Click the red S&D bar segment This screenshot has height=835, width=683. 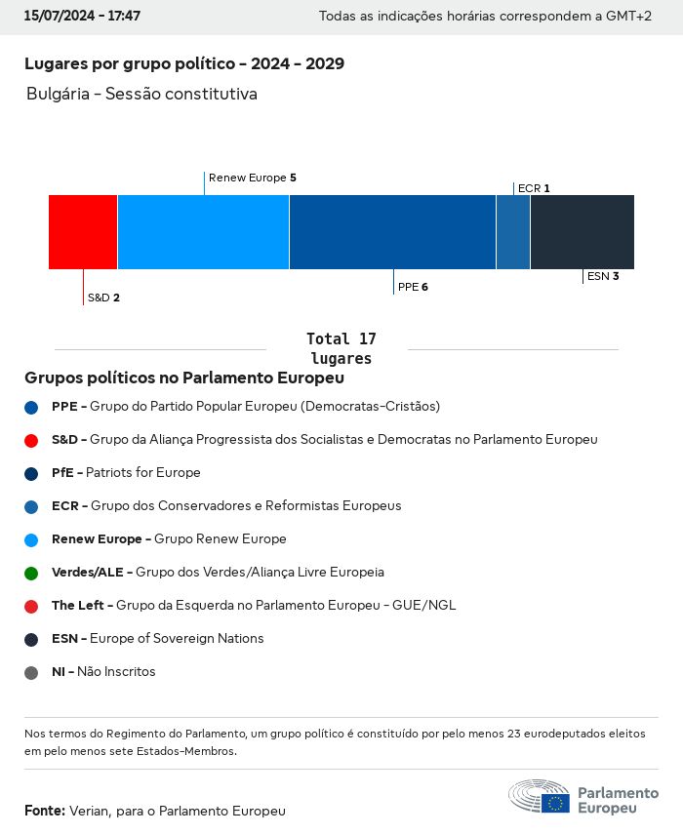(83, 232)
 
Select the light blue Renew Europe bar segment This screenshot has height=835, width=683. (203, 232)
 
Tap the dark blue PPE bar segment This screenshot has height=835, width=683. (392, 232)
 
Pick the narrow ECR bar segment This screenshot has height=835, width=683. (513, 232)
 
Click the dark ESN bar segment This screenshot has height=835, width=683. (582, 232)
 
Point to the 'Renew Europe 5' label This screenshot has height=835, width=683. (252, 179)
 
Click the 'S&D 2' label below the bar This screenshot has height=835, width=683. (103, 298)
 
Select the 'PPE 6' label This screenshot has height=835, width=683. (413, 287)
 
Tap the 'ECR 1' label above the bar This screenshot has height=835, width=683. (534, 188)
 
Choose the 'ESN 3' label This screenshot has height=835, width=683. (603, 276)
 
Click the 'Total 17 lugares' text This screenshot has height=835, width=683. (341, 348)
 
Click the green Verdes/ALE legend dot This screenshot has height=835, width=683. (31, 573)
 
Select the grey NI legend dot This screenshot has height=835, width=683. (31, 672)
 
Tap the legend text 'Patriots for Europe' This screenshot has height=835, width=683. (143, 473)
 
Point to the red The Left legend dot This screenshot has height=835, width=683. (31, 606)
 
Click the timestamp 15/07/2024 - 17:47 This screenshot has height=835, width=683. (82, 17)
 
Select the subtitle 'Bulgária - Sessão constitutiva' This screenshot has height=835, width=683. (141, 95)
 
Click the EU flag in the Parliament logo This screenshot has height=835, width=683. (556, 802)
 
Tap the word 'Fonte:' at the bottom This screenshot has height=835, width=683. (45, 811)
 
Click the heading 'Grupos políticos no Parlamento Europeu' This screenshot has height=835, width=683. (184, 378)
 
